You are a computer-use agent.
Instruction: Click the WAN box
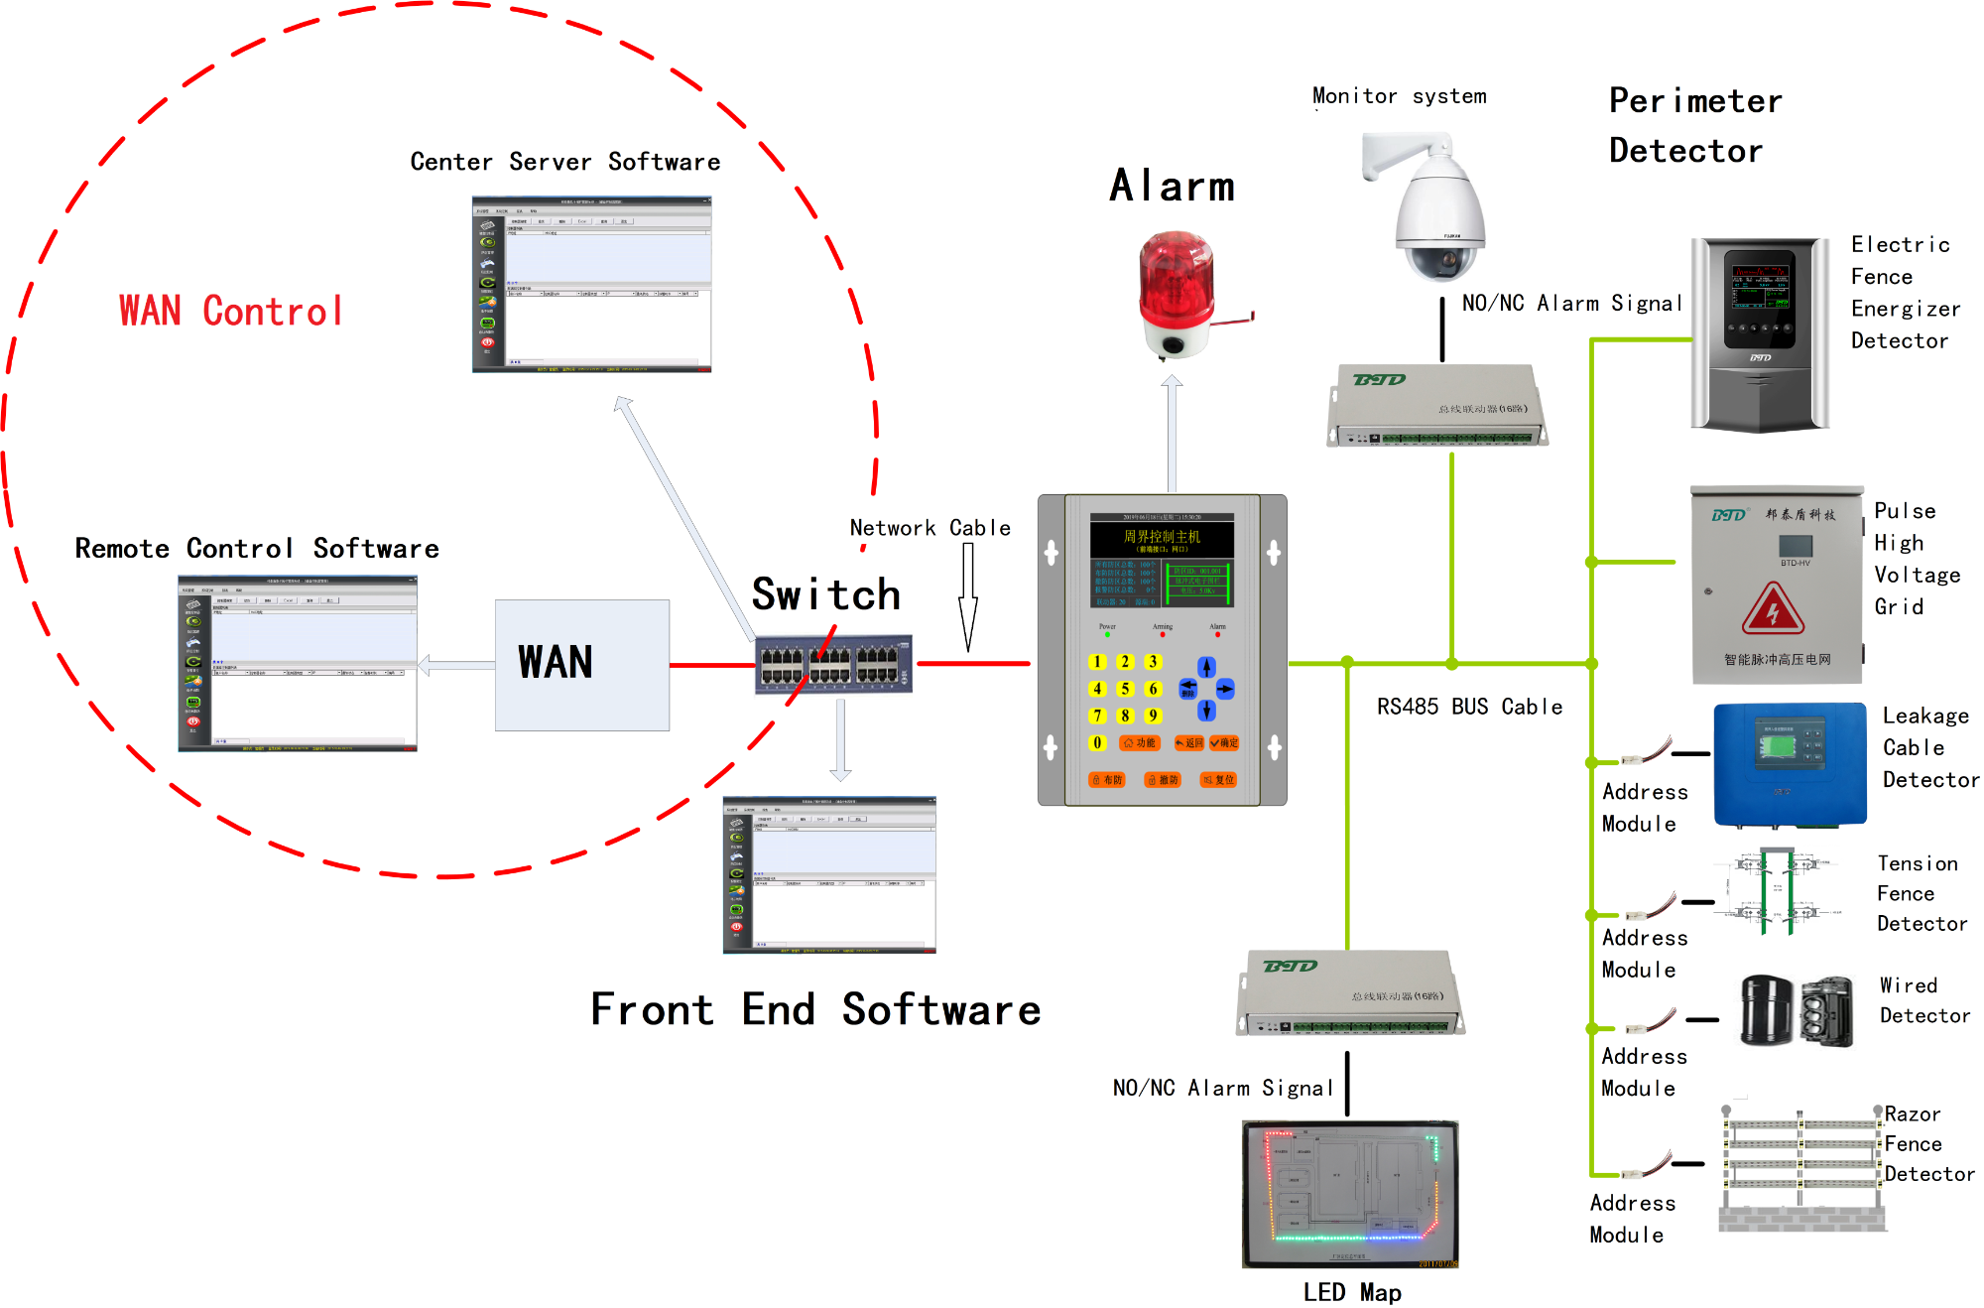coord(582,665)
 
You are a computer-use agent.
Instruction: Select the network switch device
coord(833,665)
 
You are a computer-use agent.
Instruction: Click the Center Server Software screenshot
coord(591,285)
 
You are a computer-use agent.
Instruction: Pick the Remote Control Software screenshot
coord(298,664)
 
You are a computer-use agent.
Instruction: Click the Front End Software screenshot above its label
coord(829,874)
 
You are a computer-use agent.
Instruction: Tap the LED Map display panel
coord(1350,1194)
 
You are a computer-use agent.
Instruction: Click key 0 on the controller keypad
coord(1097,742)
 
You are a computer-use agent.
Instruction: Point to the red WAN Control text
coord(231,312)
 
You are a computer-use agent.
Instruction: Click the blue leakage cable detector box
coord(1790,764)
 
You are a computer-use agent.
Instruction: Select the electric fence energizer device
coord(1760,334)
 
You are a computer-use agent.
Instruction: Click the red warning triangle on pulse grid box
coord(1773,609)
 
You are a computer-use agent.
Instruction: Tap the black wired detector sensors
coord(1797,1011)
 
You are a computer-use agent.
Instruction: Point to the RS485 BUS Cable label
coord(1469,707)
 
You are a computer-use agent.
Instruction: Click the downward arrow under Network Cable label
coord(968,595)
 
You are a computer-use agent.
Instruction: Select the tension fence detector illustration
coord(1777,890)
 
